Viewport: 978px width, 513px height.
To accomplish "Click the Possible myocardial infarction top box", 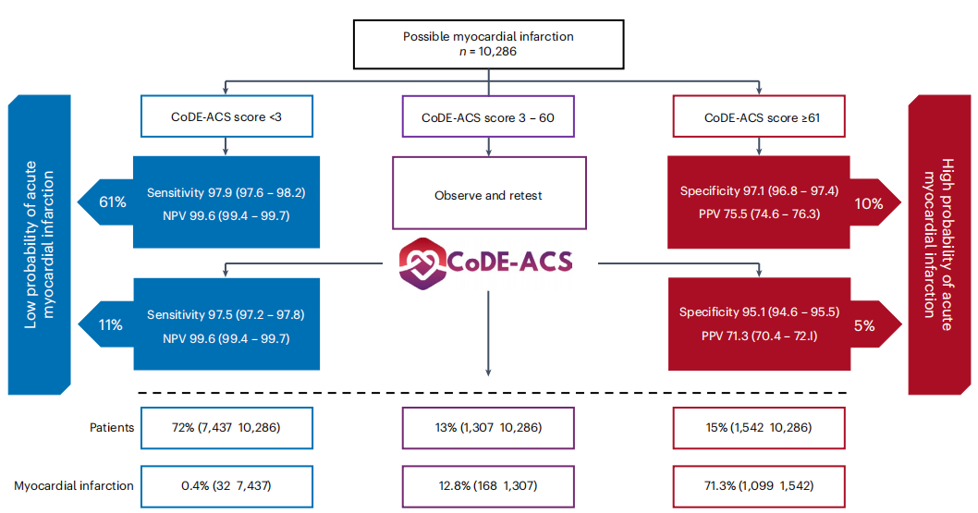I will tap(487, 43).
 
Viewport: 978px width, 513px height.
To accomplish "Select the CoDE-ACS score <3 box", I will tap(226, 117).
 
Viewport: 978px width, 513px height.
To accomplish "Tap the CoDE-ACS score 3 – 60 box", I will tap(487, 117).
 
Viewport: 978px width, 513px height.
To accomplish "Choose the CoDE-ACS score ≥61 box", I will tap(759, 117).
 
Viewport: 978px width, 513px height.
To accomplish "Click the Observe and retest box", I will tap(488, 194).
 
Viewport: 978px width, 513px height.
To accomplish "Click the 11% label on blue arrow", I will tap(112, 325).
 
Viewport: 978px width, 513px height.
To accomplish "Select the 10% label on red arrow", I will tap(868, 202).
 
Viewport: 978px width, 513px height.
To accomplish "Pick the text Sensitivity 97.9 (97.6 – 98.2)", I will tap(226, 192).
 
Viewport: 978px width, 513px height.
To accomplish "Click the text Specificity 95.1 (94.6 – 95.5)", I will tap(759, 312).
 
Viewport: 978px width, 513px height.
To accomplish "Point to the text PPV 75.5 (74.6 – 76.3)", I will tap(759, 214).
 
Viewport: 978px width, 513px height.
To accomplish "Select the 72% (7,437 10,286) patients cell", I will tap(226, 427).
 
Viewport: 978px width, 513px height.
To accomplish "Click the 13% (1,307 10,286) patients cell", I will tap(487, 427).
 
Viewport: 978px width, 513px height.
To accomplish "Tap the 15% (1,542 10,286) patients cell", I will tap(759, 427).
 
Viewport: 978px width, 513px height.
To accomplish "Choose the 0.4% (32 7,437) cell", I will tap(226, 485).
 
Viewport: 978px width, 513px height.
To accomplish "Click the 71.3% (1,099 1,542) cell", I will tap(759, 485).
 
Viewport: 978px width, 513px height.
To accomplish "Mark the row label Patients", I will tap(112, 427).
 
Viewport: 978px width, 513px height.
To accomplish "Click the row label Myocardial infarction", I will tap(74, 485).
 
